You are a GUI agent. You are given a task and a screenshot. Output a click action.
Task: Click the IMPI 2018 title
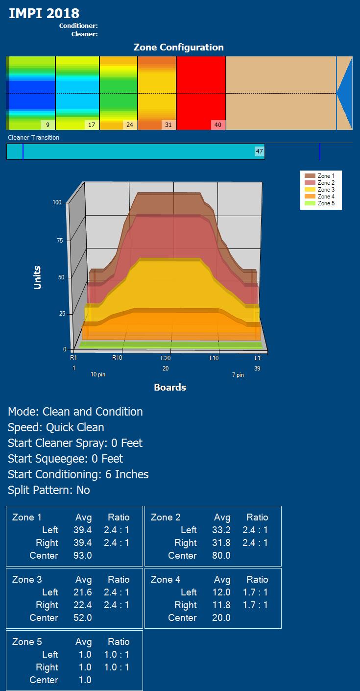coord(44,13)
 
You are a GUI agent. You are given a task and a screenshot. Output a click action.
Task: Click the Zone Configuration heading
coord(178,48)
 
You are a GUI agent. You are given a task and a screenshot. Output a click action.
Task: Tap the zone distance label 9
coord(48,125)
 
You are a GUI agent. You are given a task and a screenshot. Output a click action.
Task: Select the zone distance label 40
coord(218,125)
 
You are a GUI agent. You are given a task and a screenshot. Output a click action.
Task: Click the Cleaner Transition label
coord(34,138)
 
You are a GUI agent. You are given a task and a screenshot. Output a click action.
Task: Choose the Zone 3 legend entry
coord(326,190)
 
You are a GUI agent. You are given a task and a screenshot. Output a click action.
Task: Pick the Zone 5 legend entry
coord(326,203)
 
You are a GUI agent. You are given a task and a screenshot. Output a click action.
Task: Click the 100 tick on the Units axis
coord(58,202)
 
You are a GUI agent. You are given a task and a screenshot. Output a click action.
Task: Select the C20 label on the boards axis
coord(166,358)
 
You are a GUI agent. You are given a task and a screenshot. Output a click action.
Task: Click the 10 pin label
coord(98,375)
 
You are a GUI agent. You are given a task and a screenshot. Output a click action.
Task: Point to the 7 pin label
coord(238,375)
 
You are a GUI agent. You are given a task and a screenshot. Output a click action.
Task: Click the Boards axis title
coord(170,388)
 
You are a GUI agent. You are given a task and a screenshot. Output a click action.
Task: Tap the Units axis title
coord(38,277)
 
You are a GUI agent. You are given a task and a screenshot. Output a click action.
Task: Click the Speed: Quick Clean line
coord(56,427)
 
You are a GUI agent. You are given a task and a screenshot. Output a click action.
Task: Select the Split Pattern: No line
coord(49,490)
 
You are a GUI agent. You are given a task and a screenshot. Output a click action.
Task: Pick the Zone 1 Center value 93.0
coord(83,556)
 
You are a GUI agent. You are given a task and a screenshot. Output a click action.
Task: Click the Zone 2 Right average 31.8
coord(222,543)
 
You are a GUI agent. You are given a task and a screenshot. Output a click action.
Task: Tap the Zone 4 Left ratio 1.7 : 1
coord(255,592)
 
